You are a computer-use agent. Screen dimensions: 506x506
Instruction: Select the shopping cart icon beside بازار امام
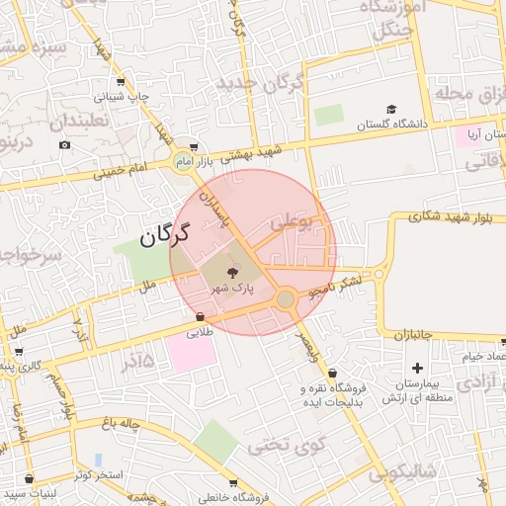click(x=194, y=145)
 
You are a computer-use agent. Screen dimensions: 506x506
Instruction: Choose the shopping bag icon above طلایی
click(x=201, y=317)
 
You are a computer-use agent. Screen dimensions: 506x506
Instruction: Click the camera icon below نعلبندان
click(x=65, y=145)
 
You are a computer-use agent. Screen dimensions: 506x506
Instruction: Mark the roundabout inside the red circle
click(x=285, y=298)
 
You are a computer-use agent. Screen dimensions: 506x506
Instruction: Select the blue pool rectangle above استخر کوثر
click(x=99, y=460)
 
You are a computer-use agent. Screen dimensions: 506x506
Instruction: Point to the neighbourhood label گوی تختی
click(x=288, y=445)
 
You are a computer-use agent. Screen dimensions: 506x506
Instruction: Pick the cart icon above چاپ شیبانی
click(x=120, y=82)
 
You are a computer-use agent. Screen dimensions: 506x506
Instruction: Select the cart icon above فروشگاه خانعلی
click(x=233, y=483)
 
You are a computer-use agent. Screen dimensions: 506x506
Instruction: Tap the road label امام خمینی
click(x=123, y=169)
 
